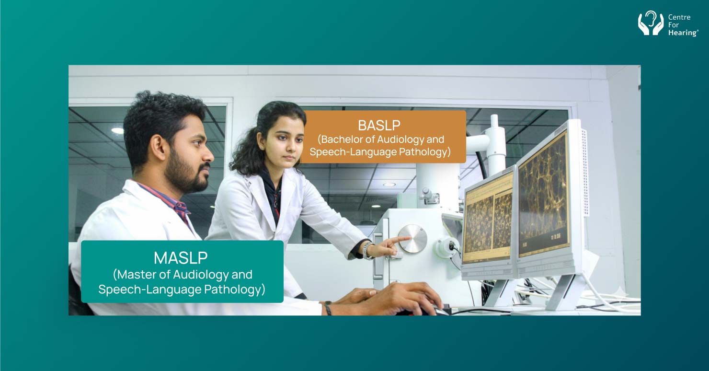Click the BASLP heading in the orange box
[379, 126]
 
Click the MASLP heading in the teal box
[181, 258]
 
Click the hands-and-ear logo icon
[651, 23]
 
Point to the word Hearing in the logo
[683, 33]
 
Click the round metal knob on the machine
[412, 238]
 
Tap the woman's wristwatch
[367, 250]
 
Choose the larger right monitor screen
[543, 193]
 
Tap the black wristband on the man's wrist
[328, 308]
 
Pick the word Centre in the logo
[679, 17]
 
